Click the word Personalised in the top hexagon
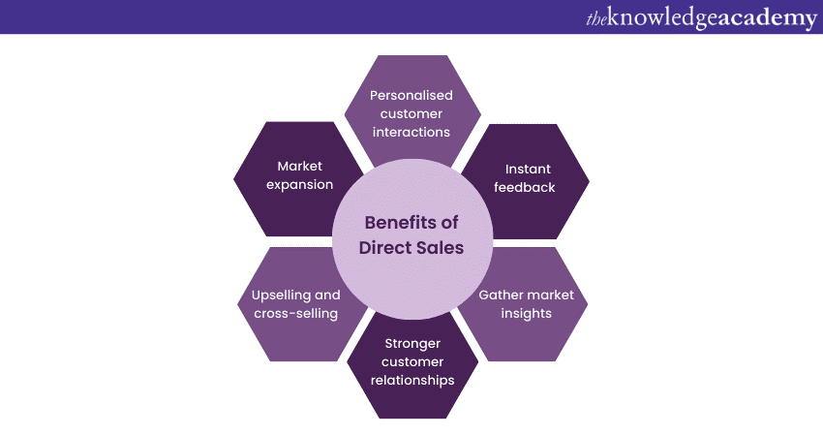411,95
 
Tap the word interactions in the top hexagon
411,132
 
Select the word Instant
528,169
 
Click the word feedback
525,187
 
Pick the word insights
526,314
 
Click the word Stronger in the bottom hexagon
412,344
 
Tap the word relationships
412,381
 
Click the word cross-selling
295,314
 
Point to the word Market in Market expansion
300,166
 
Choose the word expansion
300,185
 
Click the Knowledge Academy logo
701,17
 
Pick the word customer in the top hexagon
411,113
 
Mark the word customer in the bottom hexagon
412,362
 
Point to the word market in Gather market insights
550,295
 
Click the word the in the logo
596,19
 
